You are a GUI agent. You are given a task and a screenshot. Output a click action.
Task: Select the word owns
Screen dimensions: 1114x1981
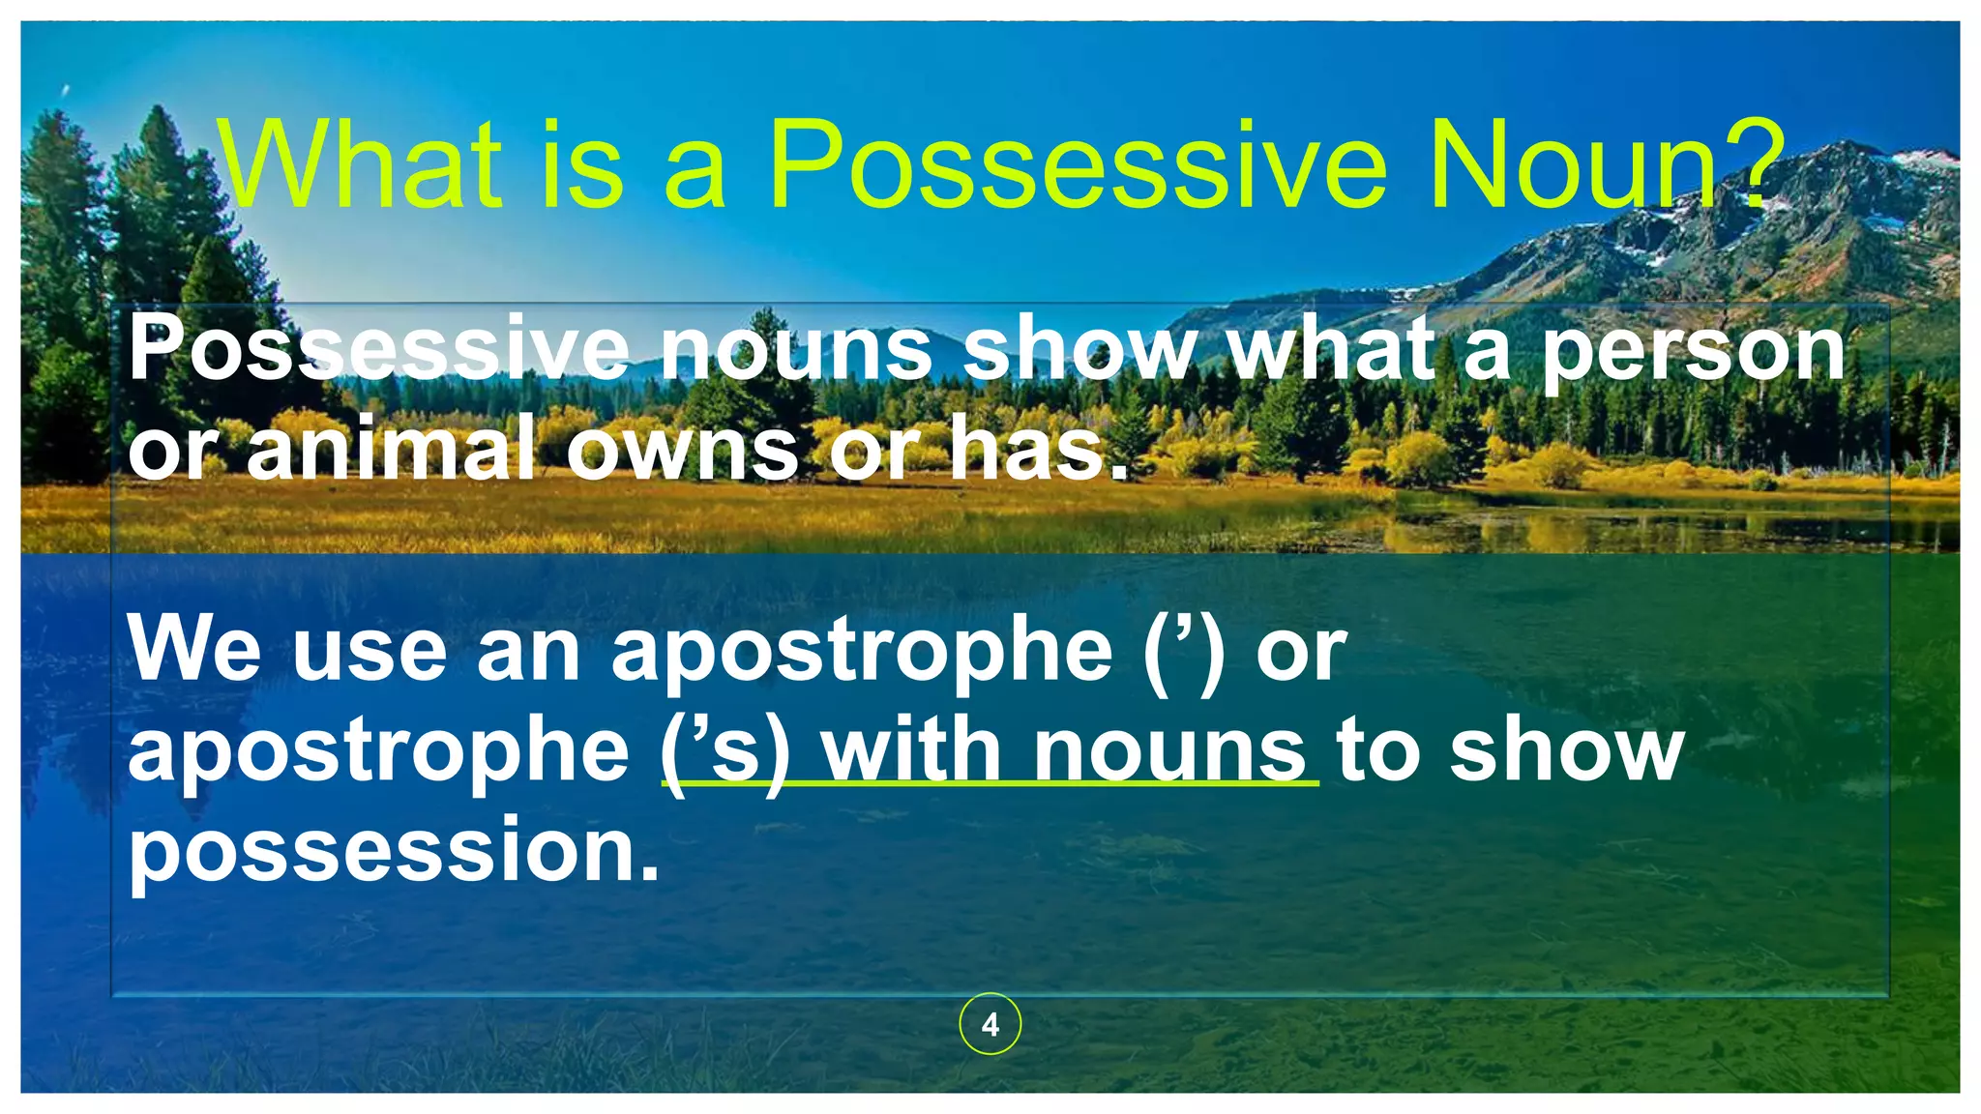[x=682, y=448]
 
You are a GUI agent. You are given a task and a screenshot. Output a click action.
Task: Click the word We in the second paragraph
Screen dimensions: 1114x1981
[x=193, y=650]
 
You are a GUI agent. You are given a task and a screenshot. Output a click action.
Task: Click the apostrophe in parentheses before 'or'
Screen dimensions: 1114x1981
[x=1182, y=650]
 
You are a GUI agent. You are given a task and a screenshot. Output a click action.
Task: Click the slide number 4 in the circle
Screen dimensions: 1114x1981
[x=990, y=1025]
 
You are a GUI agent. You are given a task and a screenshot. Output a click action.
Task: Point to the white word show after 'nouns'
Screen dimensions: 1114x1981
[x=1079, y=350]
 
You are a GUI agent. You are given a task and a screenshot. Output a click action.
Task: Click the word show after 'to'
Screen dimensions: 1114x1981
[x=1567, y=751]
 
